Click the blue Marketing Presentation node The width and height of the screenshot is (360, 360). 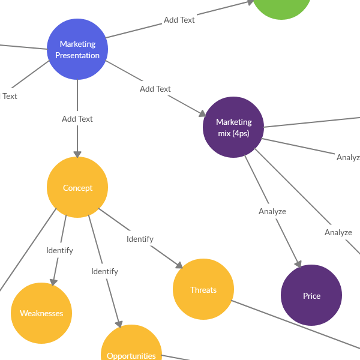coord(77,49)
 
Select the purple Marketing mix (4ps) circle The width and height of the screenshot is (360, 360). coord(233,127)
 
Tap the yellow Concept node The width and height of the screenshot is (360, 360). coord(77,187)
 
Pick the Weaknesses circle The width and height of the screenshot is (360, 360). coord(41,313)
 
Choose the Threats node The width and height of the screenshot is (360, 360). coord(203,289)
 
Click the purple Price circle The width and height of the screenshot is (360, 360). coord(311,295)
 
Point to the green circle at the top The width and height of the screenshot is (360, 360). coord(282,6)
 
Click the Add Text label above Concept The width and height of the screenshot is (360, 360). coord(77,119)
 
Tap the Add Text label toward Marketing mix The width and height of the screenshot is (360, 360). coord(155,89)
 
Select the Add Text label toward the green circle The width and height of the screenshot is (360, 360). coord(179,20)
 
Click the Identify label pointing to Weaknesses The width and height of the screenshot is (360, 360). coord(60,250)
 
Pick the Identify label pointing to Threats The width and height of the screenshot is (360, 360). coord(140,239)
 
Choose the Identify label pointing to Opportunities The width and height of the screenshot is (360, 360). coord(105,271)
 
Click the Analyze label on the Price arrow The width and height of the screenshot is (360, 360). coord(272,211)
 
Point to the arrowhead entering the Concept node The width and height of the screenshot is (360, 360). coord(77,153)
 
